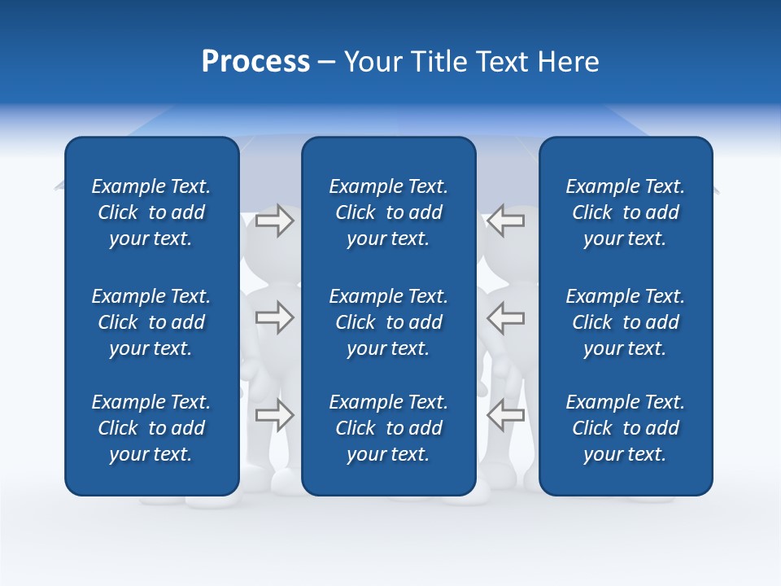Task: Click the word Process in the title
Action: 255,62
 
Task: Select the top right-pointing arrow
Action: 274,221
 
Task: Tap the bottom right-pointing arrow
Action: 274,415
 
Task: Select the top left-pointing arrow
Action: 505,221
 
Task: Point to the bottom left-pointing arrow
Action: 505,415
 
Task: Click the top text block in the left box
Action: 151,212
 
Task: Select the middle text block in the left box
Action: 151,322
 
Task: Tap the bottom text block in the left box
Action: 151,428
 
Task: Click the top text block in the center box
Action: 388,212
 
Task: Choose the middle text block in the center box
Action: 388,322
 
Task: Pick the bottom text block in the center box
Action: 388,428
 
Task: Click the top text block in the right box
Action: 625,212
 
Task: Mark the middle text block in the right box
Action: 625,322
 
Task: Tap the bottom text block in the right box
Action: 625,428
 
